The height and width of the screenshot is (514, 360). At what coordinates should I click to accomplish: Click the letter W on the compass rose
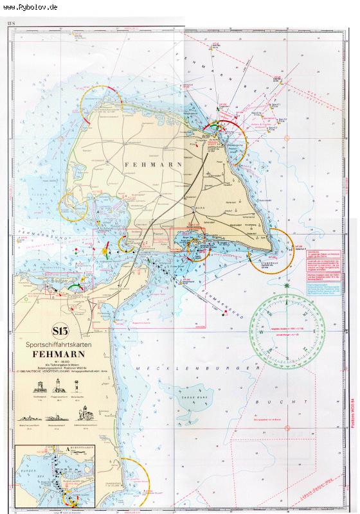[261, 332]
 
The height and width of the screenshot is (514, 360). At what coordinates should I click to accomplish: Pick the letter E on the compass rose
[314, 331]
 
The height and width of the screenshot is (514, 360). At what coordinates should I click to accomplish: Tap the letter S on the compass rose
[287, 358]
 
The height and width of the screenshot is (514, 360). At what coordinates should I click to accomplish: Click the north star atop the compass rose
[287, 285]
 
